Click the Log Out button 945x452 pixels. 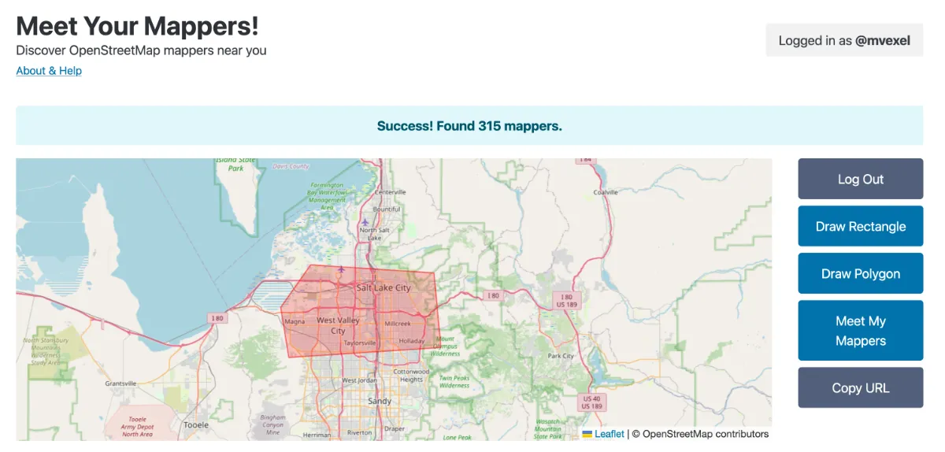[860, 180]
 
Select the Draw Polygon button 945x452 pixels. [860, 274]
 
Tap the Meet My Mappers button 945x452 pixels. [860, 331]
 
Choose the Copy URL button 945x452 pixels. [860, 388]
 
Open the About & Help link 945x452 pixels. [49, 71]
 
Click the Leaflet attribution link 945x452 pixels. [609, 434]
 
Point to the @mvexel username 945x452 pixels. [883, 41]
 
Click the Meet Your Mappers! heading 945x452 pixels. [137, 26]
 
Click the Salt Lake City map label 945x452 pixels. [384, 287]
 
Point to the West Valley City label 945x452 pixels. [338, 325]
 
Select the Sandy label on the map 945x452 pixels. [380, 401]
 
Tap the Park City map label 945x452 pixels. [561, 356]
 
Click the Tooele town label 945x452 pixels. [195, 424]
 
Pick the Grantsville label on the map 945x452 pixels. [120, 383]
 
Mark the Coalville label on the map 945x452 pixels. [606, 192]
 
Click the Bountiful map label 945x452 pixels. [387, 209]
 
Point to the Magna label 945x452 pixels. [295, 321]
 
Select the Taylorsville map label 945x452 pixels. [360, 343]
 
